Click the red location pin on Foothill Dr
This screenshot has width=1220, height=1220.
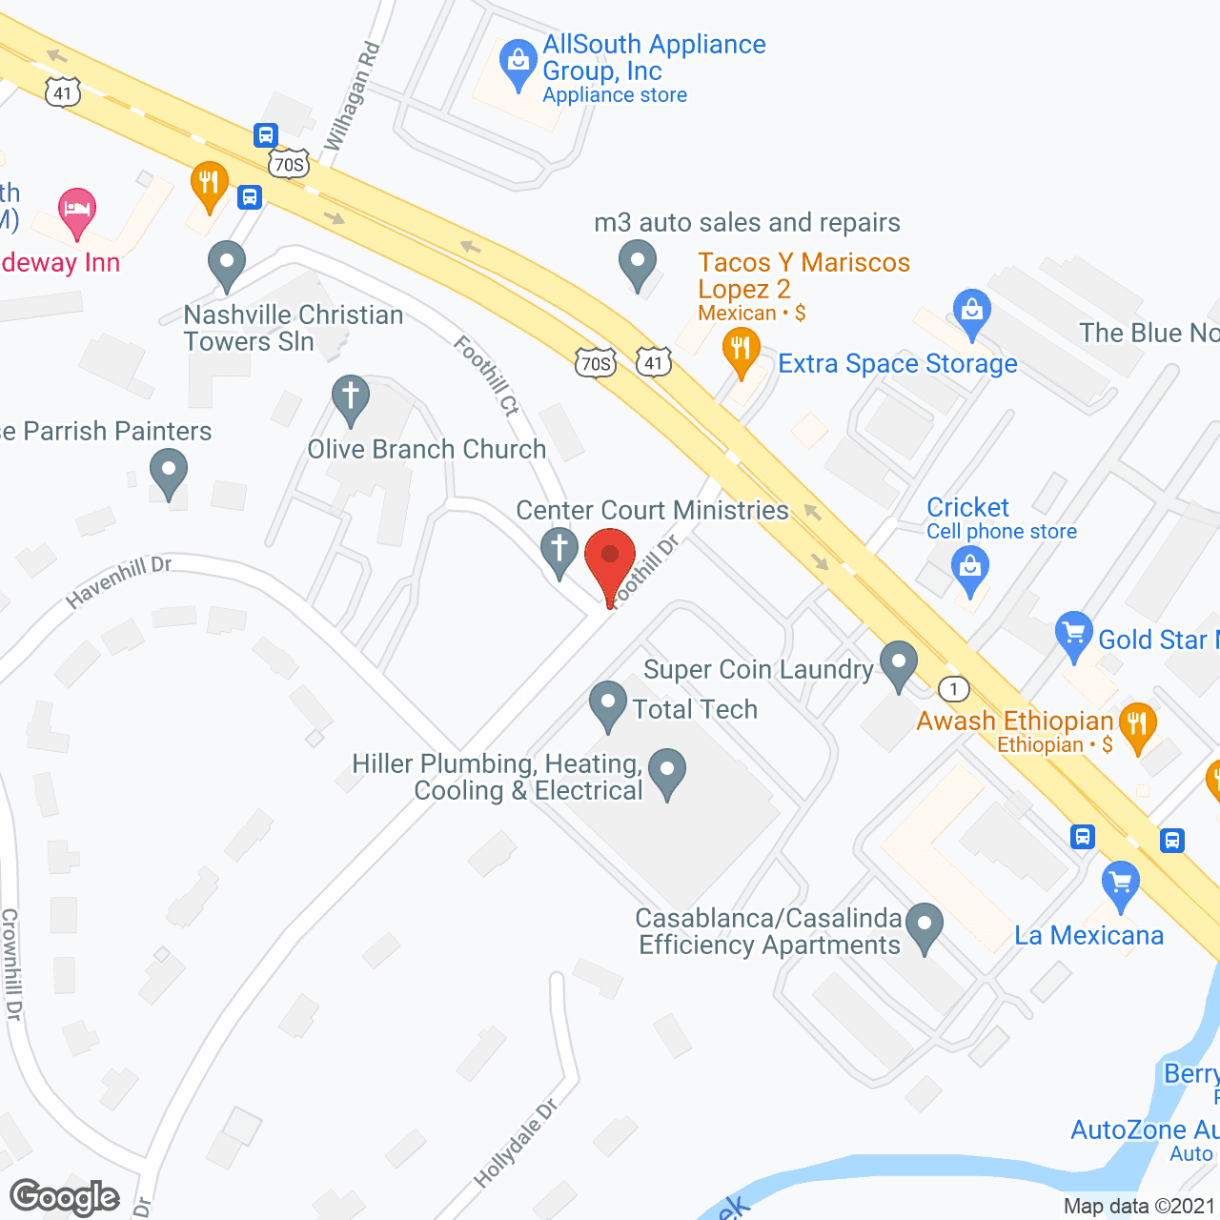(x=610, y=558)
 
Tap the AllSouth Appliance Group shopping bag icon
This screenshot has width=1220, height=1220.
(x=518, y=63)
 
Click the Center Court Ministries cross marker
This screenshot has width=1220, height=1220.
(x=559, y=552)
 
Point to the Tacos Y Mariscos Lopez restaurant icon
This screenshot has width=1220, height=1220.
(x=741, y=350)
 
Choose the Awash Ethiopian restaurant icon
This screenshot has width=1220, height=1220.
(x=1137, y=725)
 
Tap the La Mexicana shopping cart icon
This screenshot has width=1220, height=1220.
(x=1121, y=884)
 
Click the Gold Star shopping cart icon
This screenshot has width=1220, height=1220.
(x=1074, y=634)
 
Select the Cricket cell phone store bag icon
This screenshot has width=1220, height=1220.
(x=970, y=571)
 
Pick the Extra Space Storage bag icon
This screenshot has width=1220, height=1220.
(x=971, y=313)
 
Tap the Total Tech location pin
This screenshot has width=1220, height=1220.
(x=608, y=704)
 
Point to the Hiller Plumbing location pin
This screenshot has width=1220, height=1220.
(x=667, y=773)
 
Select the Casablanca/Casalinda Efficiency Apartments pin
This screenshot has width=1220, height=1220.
(x=924, y=926)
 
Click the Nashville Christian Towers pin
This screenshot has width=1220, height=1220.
(x=227, y=264)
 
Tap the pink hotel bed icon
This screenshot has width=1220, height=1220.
(x=77, y=211)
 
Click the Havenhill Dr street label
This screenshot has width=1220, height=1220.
(x=118, y=581)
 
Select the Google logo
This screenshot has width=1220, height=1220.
(x=65, y=1197)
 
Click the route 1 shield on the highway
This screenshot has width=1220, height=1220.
(x=954, y=688)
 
